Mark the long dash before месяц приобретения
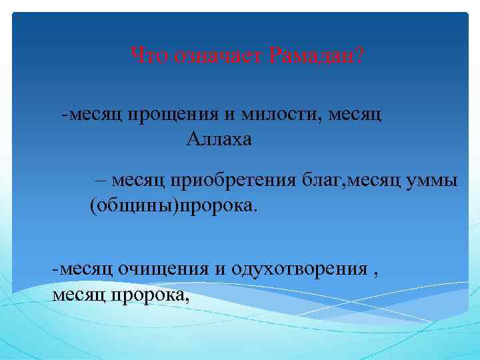[101, 181]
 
